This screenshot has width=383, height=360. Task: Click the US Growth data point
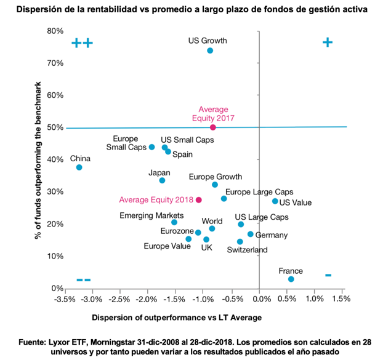[210, 50]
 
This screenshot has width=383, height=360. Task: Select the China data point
[79, 167]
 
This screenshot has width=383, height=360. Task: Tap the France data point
[291, 279]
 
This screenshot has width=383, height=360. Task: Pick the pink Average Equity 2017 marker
[213, 127]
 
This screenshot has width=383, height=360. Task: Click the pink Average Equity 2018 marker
[199, 200]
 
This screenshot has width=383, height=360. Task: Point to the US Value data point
[275, 201]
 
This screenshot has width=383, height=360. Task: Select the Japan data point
[162, 180]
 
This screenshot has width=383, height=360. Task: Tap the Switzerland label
[247, 250]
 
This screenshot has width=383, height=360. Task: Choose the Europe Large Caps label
[259, 192]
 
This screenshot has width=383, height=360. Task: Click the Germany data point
[251, 234]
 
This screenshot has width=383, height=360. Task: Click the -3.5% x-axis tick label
[65, 300]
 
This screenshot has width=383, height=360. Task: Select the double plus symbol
[82, 43]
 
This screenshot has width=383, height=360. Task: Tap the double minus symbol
[84, 280]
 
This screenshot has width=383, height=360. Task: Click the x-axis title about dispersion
[177, 318]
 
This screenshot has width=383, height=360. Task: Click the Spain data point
[168, 151]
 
